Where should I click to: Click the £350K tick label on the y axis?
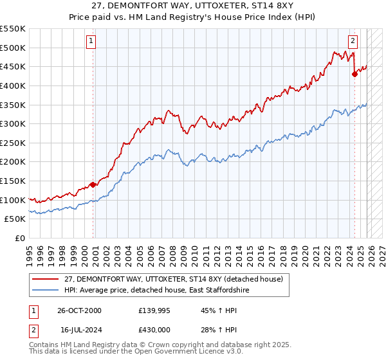(x=13, y=105)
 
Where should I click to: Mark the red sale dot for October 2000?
(x=93, y=184)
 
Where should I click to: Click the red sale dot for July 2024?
(x=354, y=74)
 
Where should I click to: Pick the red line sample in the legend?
(x=45, y=279)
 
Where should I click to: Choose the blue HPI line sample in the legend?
(x=45, y=291)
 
